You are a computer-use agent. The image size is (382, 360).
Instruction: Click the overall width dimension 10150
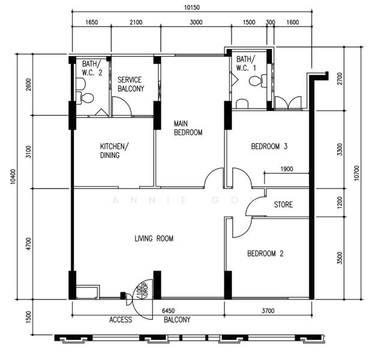[191, 8]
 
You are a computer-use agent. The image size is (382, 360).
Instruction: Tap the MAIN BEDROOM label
[188, 128]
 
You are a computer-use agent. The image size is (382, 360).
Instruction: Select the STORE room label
[283, 204]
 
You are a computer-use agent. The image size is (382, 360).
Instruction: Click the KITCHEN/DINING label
[115, 151]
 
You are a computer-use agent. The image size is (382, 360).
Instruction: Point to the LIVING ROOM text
[154, 238]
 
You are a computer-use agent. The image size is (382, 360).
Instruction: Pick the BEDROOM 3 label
[269, 146]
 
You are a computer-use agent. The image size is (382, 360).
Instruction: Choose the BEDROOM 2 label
[265, 253]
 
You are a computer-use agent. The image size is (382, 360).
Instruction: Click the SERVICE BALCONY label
[131, 84]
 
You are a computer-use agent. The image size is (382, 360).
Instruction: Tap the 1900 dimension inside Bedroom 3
[287, 169]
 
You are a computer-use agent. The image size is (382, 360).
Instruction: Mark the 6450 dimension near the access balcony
[169, 311]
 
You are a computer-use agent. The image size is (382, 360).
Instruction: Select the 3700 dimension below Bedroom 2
[268, 311]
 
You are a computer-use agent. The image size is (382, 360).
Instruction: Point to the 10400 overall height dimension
[13, 176]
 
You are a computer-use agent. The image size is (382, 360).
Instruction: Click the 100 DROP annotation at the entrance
[143, 290]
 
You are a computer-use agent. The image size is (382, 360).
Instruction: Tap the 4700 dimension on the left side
[29, 244]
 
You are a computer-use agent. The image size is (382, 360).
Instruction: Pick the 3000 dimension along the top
[196, 22]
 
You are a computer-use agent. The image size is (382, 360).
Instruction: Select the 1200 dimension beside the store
[340, 203]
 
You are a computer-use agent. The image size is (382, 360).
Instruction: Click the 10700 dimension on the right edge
[356, 173]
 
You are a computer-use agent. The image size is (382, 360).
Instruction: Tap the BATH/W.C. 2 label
[92, 68]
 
